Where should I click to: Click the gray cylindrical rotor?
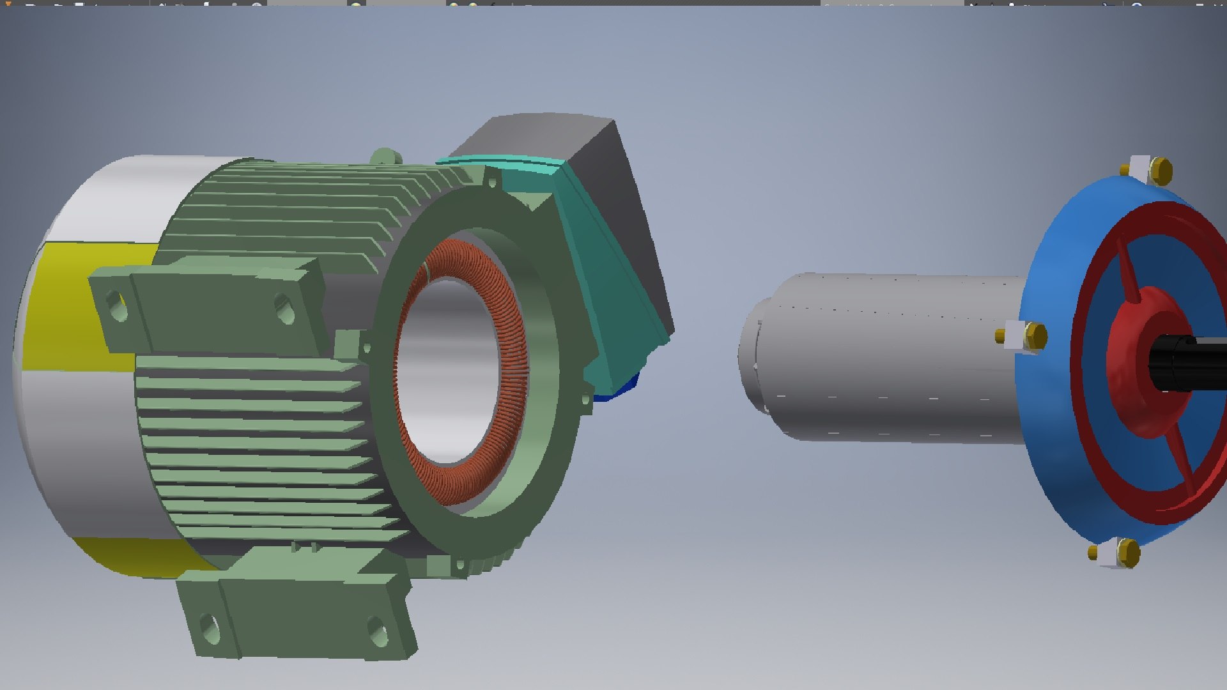tap(895, 358)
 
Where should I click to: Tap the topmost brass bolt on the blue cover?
tap(1160, 171)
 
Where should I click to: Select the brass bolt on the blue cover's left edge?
tap(1035, 336)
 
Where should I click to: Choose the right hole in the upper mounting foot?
tap(284, 309)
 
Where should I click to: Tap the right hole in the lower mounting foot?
tap(377, 631)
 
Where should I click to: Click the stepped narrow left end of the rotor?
tap(751, 358)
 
